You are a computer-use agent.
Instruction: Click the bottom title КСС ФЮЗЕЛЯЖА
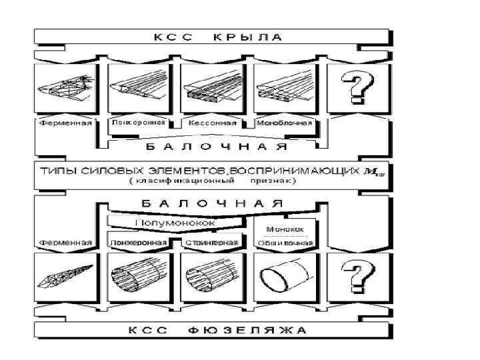[213, 330]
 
